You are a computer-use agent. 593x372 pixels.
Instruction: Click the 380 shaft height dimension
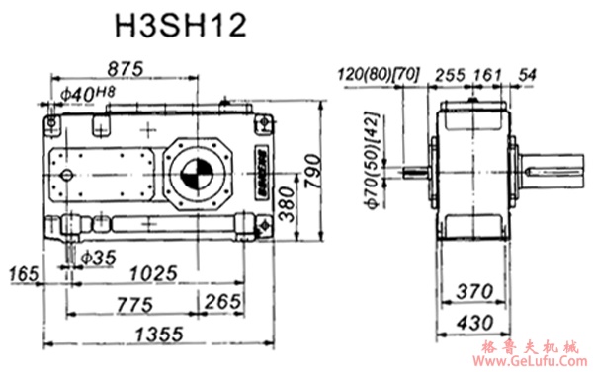[288, 201]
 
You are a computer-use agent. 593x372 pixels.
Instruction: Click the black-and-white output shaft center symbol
[195, 177]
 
